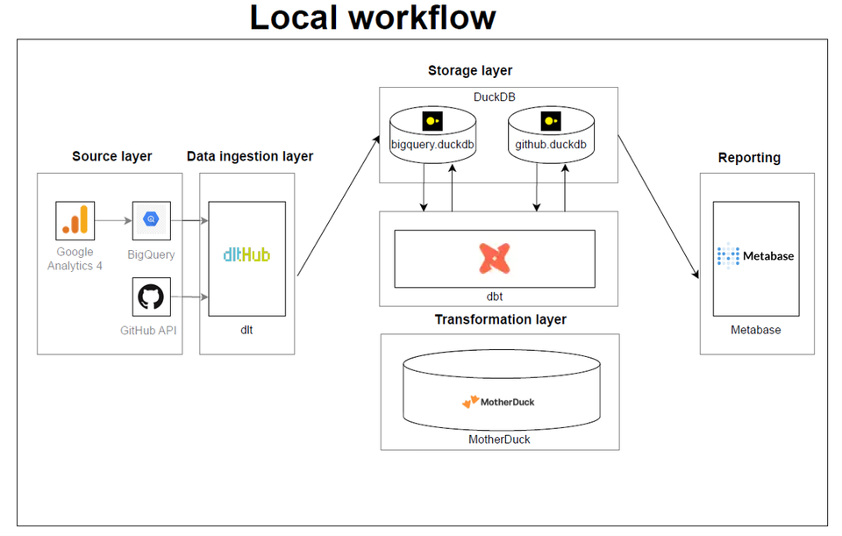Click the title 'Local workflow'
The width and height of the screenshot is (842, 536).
(x=373, y=18)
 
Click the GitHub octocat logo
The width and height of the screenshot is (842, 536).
(x=151, y=297)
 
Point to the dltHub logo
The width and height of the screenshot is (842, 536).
(x=246, y=255)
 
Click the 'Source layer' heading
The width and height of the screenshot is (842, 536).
(x=111, y=156)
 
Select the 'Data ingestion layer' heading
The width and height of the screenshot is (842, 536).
(x=250, y=156)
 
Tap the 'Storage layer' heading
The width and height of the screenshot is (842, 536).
(x=470, y=70)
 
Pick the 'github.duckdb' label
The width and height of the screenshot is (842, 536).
(x=550, y=144)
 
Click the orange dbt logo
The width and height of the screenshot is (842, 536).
(x=495, y=258)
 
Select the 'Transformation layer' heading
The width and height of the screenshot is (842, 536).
(x=500, y=319)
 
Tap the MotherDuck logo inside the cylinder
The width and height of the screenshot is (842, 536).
(x=498, y=402)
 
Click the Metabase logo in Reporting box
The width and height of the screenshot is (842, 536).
(x=755, y=256)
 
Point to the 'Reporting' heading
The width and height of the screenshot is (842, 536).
(x=749, y=158)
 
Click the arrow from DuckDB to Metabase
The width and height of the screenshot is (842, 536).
(x=659, y=207)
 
